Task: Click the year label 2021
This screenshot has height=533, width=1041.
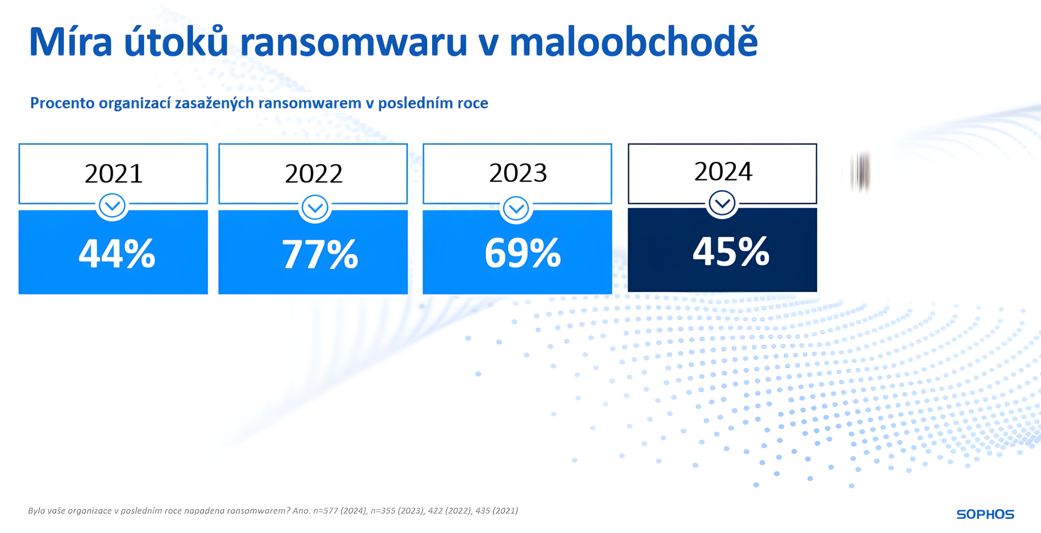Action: coord(113,174)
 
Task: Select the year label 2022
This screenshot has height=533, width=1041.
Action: coord(313,174)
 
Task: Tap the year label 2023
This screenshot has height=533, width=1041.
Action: coord(518,173)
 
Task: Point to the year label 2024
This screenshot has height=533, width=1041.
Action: coord(723,171)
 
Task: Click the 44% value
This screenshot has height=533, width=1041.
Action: coord(117,253)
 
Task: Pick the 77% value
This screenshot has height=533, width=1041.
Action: coord(319,254)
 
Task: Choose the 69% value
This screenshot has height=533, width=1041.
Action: coord(522,253)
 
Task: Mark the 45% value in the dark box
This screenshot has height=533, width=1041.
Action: coord(730,251)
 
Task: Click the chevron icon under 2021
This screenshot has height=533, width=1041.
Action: coord(112,206)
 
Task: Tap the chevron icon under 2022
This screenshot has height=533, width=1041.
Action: coord(314,208)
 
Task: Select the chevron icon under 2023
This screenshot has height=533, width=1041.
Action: coord(516,208)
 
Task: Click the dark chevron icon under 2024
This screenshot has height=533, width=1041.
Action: coord(722,204)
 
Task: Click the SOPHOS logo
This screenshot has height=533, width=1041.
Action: coord(985,514)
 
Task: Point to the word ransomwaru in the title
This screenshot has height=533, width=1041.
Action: coord(353,42)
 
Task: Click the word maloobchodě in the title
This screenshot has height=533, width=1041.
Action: coord(633,42)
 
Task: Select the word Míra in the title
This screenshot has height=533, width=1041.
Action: coord(70,42)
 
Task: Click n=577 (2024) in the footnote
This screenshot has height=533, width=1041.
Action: coord(340,511)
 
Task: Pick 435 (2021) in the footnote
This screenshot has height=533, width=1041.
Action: coord(496,511)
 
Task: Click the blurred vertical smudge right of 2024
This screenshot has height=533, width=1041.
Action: coord(860,172)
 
